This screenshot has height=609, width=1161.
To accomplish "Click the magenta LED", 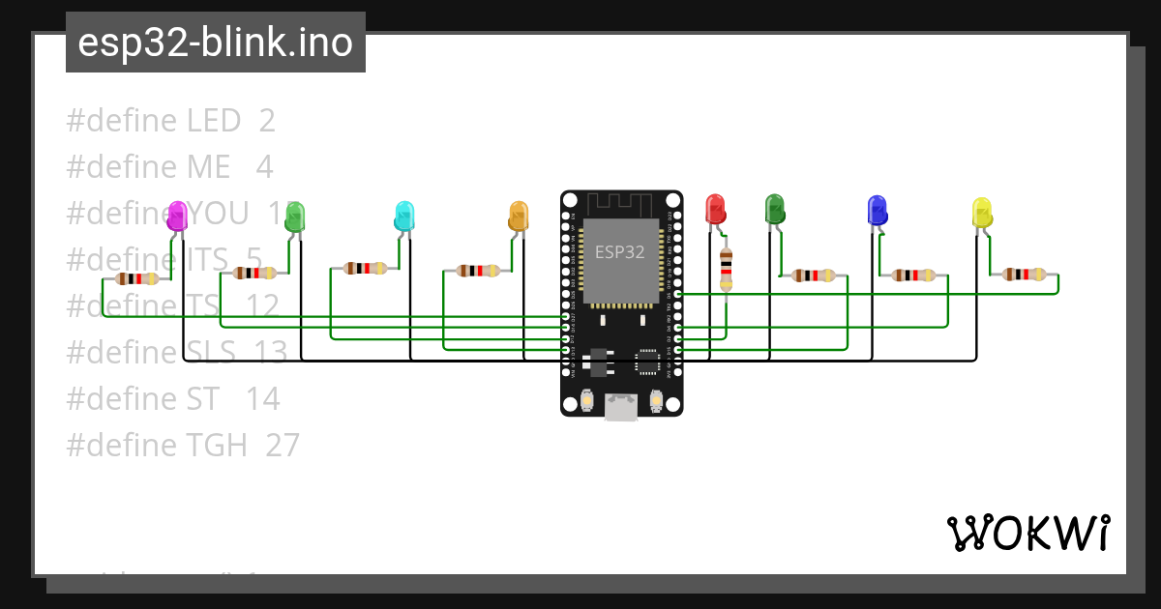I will click(x=177, y=216).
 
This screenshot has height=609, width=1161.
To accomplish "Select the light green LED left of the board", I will click(x=294, y=217).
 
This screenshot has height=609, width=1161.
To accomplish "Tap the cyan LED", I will click(x=404, y=216).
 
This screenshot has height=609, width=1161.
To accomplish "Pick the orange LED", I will click(x=519, y=216).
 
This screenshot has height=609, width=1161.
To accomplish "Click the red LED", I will click(x=715, y=209).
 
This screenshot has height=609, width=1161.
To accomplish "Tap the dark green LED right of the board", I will click(x=774, y=209).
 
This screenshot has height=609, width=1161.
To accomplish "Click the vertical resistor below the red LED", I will click(x=726, y=269).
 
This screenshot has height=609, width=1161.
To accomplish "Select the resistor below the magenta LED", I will click(x=137, y=278).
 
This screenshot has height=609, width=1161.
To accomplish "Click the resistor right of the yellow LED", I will click(x=1024, y=275).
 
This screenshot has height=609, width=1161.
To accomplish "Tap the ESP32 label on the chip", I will click(x=620, y=252).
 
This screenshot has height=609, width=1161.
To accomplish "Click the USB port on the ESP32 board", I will click(x=621, y=407).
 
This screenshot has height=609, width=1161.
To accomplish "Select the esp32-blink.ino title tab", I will click(x=215, y=43).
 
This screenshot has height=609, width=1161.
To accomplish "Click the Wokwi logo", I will click(x=1027, y=533).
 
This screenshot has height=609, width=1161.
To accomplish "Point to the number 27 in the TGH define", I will click(x=283, y=445).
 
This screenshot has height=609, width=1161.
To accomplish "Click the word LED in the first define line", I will click(x=213, y=121).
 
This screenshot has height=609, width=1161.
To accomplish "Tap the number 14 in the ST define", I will click(x=262, y=398).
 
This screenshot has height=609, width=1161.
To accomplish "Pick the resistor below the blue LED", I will click(x=913, y=275).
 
